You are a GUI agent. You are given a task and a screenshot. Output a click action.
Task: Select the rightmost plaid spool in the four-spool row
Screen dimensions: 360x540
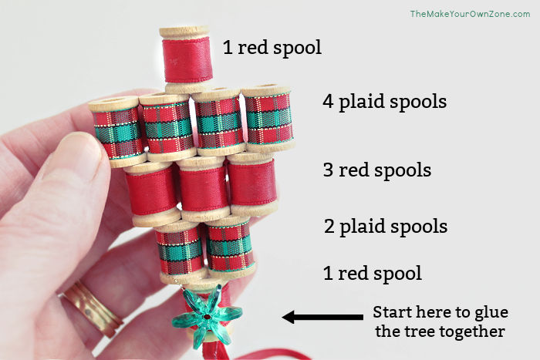point(268,118)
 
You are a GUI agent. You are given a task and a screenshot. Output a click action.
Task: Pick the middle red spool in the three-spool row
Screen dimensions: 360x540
point(204,188)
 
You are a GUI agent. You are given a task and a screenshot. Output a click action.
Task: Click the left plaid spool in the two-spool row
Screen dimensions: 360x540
point(181,248)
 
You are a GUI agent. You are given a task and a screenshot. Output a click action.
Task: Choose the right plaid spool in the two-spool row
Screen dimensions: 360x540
point(230,245)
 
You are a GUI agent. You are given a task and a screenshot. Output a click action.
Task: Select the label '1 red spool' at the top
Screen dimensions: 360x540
point(272,48)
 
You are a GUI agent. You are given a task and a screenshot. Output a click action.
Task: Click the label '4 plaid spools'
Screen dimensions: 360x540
point(384,102)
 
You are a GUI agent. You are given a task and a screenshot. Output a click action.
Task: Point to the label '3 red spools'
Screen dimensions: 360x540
point(376,170)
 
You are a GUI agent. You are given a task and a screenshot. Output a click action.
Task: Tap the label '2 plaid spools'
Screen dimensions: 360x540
point(385,227)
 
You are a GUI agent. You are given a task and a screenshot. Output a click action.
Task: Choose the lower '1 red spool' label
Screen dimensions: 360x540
point(373,273)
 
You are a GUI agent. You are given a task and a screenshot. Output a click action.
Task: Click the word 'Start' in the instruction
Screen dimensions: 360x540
point(393,314)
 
